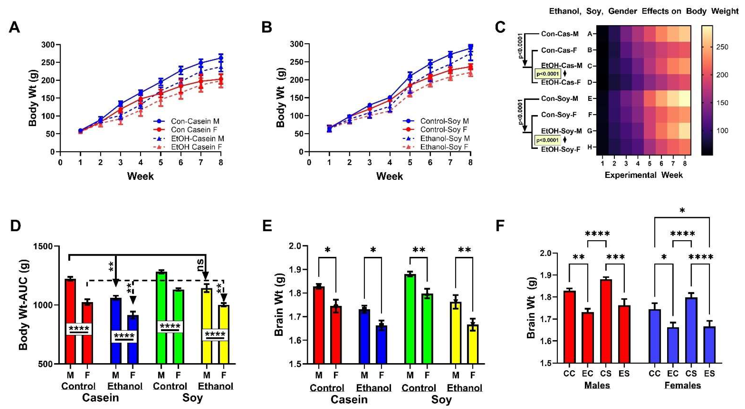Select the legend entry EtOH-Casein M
(x=197, y=138)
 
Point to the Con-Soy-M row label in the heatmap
(x=559, y=99)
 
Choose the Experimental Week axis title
(x=643, y=175)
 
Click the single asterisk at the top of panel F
(x=682, y=211)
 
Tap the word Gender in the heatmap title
(x=622, y=11)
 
